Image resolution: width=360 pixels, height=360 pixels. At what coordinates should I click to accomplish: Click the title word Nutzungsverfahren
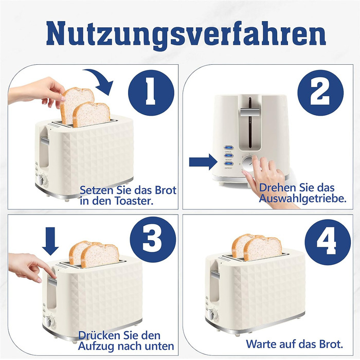tap(186, 34)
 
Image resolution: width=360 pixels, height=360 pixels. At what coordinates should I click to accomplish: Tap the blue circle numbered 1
tap(151, 93)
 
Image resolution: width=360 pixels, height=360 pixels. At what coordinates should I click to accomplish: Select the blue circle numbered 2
tap(320, 93)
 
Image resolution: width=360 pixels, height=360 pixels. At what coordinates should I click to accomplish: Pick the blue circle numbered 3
tap(153, 240)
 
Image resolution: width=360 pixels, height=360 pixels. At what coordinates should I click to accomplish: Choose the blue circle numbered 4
tap(328, 242)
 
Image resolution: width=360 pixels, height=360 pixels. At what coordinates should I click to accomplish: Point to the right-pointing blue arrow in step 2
tap(203, 162)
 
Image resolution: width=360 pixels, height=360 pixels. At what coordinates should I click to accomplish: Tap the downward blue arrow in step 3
tap(50, 241)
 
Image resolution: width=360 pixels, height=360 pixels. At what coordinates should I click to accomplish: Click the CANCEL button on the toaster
tap(229, 148)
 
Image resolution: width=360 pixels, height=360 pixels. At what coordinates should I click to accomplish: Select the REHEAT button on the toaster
tap(229, 155)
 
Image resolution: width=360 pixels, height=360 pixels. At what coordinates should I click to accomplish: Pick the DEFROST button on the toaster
tap(229, 164)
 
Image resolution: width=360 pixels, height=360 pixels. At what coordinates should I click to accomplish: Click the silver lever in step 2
tap(250, 113)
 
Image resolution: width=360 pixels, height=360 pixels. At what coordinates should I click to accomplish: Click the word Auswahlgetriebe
tap(302, 199)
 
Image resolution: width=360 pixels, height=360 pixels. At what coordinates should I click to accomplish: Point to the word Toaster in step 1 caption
tap(134, 201)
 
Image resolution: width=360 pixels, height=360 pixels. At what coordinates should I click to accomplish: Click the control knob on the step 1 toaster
tap(42, 180)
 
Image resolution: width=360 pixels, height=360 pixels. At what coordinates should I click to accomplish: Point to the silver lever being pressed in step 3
tap(52, 282)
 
